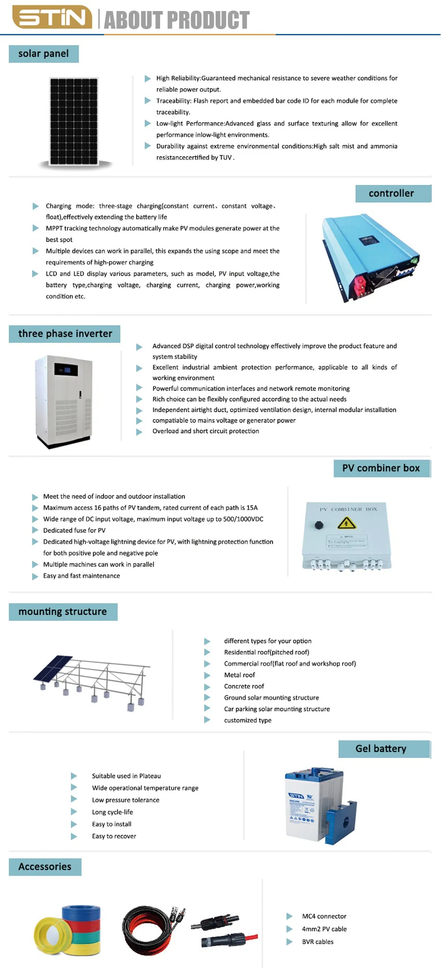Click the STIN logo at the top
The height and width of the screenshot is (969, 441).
(52, 18)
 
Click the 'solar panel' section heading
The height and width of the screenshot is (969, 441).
(44, 54)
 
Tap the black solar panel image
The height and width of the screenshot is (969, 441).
(74, 121)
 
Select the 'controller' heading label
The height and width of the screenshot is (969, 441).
(392, 193)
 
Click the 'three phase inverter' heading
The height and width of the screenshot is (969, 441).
(65, 334)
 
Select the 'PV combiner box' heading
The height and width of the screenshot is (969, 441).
(381, 468)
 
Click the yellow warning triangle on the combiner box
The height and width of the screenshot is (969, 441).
(347, 524)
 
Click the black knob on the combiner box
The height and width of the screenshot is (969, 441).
(319, 525)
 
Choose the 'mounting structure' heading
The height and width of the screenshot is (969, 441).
(63, 612)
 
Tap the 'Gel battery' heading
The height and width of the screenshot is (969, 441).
(381, 749)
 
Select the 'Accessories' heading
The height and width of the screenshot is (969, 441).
(45, 867)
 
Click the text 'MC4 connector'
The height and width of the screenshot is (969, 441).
(324, 916)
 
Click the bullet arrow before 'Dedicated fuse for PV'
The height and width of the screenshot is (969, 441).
(35, 530)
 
